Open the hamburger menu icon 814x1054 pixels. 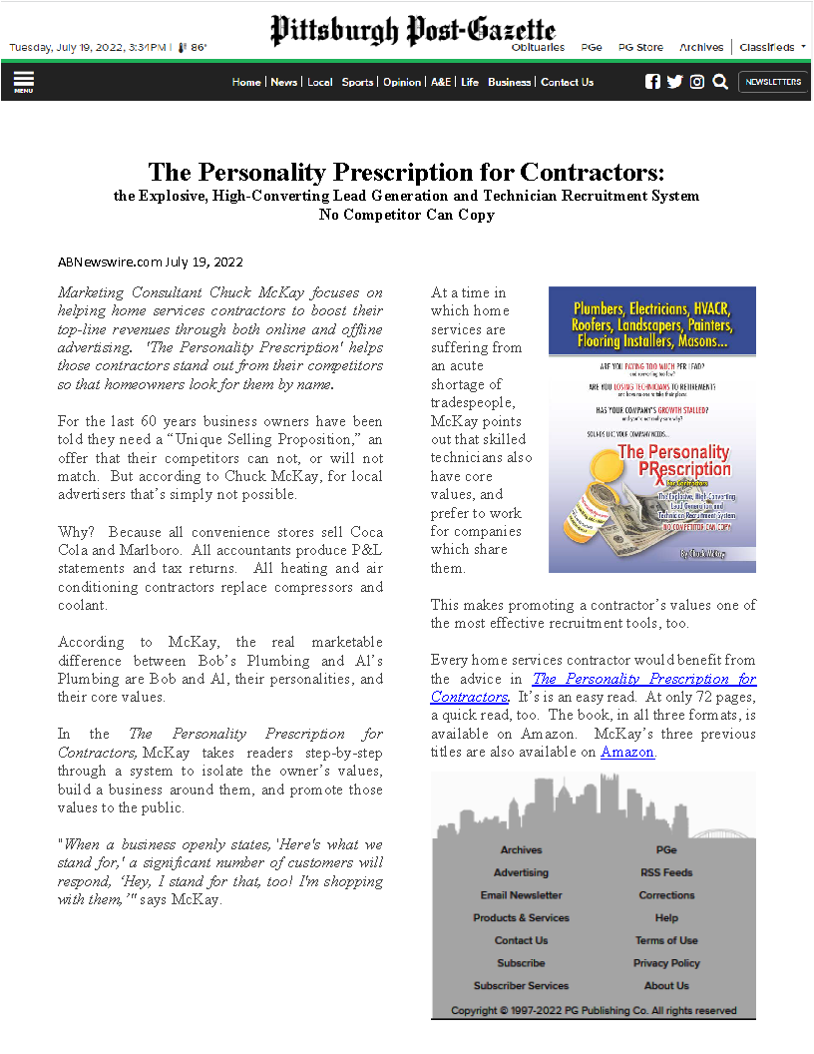pyautogui.click(x=24, y=81)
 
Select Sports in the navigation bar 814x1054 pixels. pyautogui.click(x=357, y=82)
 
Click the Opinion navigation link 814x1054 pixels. pyautogui.click(x=402, y=82)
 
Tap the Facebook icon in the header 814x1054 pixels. pyautogui.click(x=652, y=82)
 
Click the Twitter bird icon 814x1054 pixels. pyautogui.click(x=674, y=82)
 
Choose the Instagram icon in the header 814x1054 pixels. pyautogui.click(x=697, y=82)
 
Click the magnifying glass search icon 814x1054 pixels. pyautogui.click(x=720, y=82)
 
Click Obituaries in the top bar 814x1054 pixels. pyautogui.click(x=538, y=47)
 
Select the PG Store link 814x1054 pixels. pyautogui.click(x=640, y=47)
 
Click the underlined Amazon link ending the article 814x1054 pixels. pyautogui.click(x=627, y=752)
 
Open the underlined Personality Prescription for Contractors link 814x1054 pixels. pyautogui.click(x=593, y=688)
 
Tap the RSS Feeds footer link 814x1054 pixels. pyautogui.click(x=666, y=872)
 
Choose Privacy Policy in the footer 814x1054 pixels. pyautogui.click(x=666, y=963)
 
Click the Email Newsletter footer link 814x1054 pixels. pyautogui.click(x=521, y=895)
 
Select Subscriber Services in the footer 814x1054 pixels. pyautogui.click(x=521, y=986)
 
